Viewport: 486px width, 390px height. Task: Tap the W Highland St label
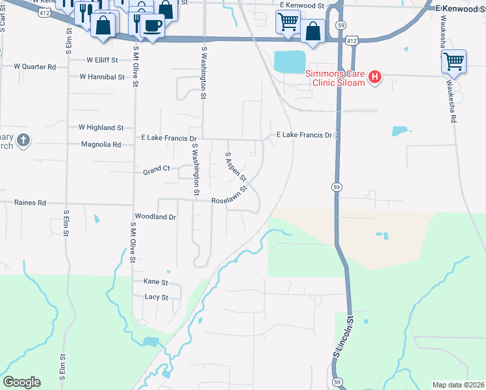(x=101, y=128)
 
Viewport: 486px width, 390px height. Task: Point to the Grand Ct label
(x=157, y=168)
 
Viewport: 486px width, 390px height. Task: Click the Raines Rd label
(x=30, y=203)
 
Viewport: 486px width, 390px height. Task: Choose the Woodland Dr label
(x=155, y=216)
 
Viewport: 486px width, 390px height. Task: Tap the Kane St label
(x=155, y=283)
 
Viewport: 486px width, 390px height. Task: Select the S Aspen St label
(x=235, y=166)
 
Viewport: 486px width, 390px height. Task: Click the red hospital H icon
(x=375, y=78)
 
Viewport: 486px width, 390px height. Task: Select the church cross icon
(x=23, y=140)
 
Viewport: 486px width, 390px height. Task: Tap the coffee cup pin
(x=152, y=26)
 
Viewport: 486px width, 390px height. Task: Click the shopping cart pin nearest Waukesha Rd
(x=454, y=62)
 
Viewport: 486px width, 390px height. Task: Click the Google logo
(x=21, y=382)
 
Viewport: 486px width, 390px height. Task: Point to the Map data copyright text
(x=458, y=384)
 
